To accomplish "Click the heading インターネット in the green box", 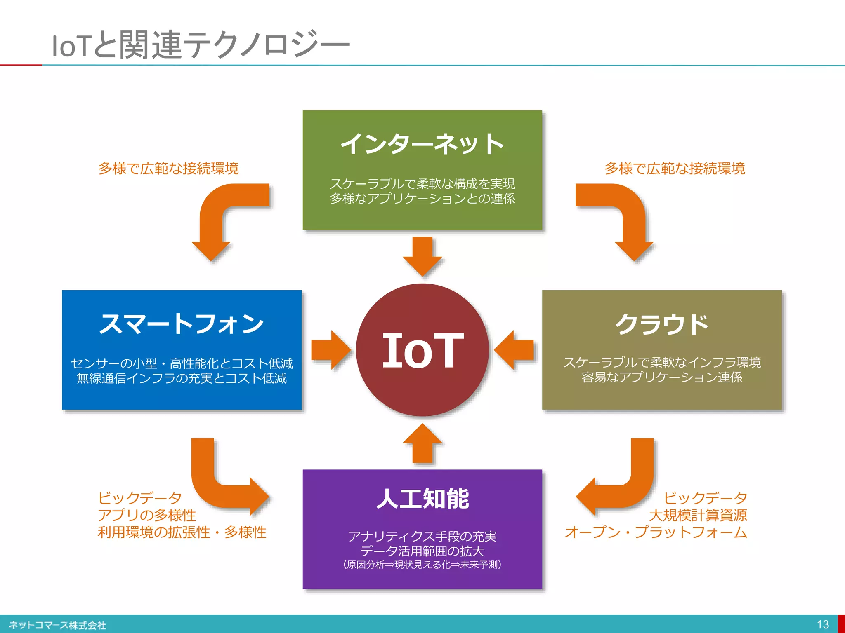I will (422, 144).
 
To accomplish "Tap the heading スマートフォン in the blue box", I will (182, 324).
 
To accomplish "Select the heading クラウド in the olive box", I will (662, 324).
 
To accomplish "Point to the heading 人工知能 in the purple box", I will (422, 499).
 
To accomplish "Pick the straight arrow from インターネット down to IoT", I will (422, 256).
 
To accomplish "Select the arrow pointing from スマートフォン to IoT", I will (330, 350).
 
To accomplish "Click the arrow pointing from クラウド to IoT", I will (515, 350).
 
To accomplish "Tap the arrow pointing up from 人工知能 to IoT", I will (422, 444).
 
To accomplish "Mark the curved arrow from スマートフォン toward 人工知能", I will (219, 486).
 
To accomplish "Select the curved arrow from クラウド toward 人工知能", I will (627, 486).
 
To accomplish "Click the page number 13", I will (823, 624).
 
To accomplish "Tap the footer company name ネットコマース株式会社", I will (58, 625).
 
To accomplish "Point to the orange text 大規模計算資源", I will (698, 515).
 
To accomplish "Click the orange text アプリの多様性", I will (147, 515).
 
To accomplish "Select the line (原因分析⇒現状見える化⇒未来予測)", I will (422, 565).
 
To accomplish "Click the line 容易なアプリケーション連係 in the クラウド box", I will (662, 377).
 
